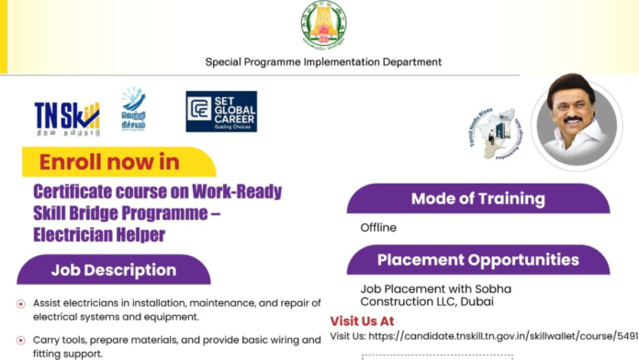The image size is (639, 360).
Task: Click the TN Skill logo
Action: coord(66,116)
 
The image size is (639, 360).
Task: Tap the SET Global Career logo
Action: coord(221,111)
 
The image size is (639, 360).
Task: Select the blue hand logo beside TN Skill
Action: coord(134,109)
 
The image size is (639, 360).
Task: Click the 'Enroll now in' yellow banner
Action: coord(110,163)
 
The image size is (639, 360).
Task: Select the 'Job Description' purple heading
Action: coord(113,270)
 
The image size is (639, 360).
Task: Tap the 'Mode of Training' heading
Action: coord(477,198)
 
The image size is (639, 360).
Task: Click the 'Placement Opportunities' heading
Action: coord(477,260)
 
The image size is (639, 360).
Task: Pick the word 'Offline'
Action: coord(378,228)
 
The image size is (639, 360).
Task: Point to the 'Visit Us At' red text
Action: coord(362,321)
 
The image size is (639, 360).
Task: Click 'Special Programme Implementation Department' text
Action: coord(323,62)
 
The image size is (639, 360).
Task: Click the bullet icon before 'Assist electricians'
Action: coord(21,304)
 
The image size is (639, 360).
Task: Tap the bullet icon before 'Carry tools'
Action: coord(21,341)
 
